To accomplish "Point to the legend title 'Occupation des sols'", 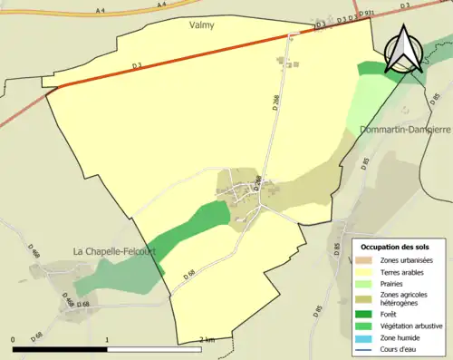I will click(397, 247).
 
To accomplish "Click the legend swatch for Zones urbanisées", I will click(366, 260).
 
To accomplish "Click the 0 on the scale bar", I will click(14, 340).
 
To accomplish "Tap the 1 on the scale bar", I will click(108, 340).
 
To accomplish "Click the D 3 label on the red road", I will click(137, 66).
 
